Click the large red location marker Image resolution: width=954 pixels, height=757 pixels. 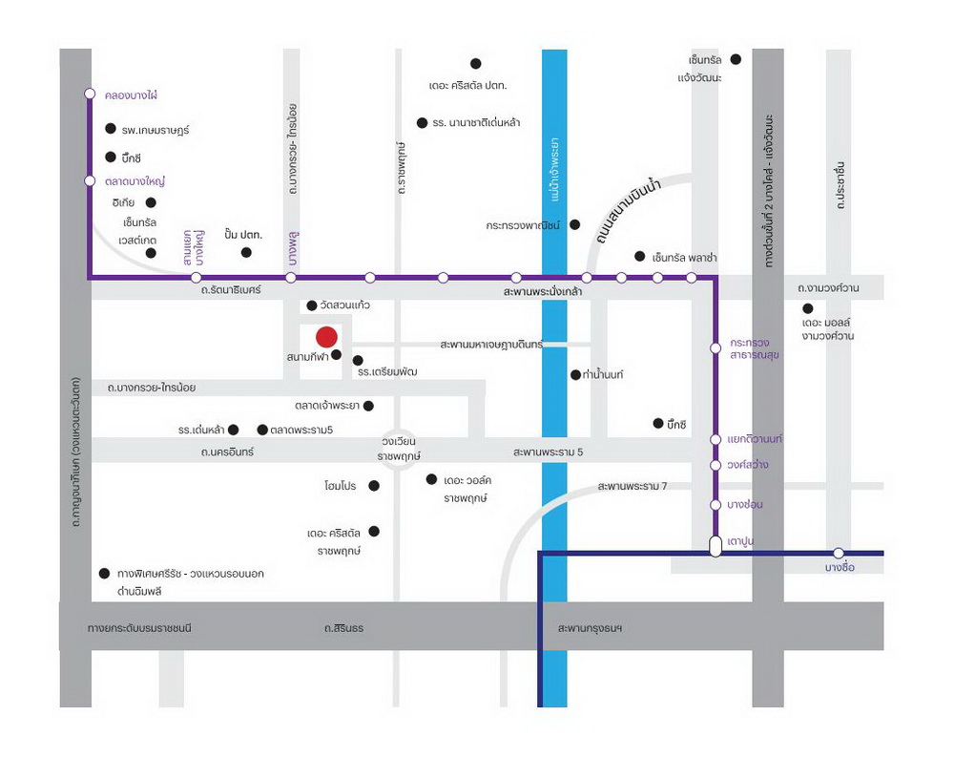pos(326,337)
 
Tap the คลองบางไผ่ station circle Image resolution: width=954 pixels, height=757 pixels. pos(90,94)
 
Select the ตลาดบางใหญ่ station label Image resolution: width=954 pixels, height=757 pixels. pos(135,180)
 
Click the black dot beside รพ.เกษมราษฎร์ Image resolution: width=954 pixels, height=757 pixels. pos(110,128)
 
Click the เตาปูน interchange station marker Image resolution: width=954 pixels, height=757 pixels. pos(715,546)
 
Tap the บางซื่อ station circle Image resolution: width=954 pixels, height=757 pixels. pos(839,553)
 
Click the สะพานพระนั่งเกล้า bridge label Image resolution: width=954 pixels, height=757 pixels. pos(544,290)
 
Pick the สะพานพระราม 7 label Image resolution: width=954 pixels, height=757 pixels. pos(633,486)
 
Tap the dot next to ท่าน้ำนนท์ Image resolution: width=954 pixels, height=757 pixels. pos(575,374)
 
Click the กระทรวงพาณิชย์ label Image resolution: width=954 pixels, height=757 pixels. pos(524,225)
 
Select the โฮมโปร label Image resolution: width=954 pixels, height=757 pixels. pos(340,486)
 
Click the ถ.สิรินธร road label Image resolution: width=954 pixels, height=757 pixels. pos(342,628)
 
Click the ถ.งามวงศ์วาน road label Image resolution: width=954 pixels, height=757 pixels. pos(828,287)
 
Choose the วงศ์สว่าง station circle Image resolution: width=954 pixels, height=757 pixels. pos(715,465)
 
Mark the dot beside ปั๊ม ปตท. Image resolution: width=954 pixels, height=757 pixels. pos(246,252)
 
